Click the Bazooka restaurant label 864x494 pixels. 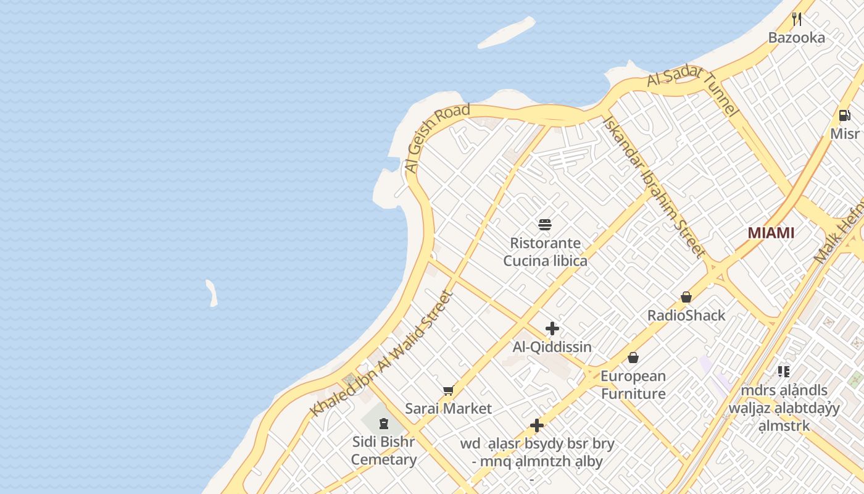click(x=796, y=38)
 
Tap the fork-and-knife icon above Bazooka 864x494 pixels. click(x=797, y=19)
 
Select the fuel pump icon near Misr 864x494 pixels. click(x=844, y=115)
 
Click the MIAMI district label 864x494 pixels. click(x=771, y=233)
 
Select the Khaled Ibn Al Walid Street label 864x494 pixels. click(x=382, y=354)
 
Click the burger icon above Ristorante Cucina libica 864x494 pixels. click(x=544, y=224)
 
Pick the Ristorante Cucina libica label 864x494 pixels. click(x=545, y=252)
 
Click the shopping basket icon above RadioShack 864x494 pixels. click(x=686, y=297)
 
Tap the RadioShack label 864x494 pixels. click(x=686, y=316)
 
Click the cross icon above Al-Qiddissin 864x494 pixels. click(x=552, y=329)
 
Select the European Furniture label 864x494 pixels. click(x=633, y=385)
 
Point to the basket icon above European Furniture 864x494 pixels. click(x=633, y=358)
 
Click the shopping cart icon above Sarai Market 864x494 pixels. click(x=448, y=390)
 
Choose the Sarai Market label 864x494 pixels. click(x=448, y=408)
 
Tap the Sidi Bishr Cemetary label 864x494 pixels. click(x=384, y=451)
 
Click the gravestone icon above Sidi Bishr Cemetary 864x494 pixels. click(x=384, y=424)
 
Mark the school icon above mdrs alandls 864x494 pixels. click(x=784, y=372)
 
